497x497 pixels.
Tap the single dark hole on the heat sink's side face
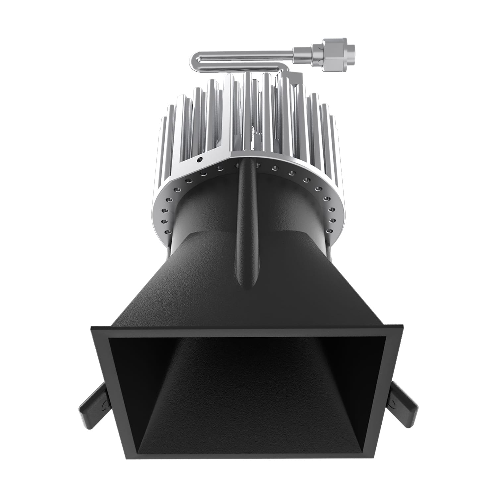pyautogui.click(x=199, y=160)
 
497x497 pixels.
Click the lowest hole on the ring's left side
pyautogui.click(x=167, y=232)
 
